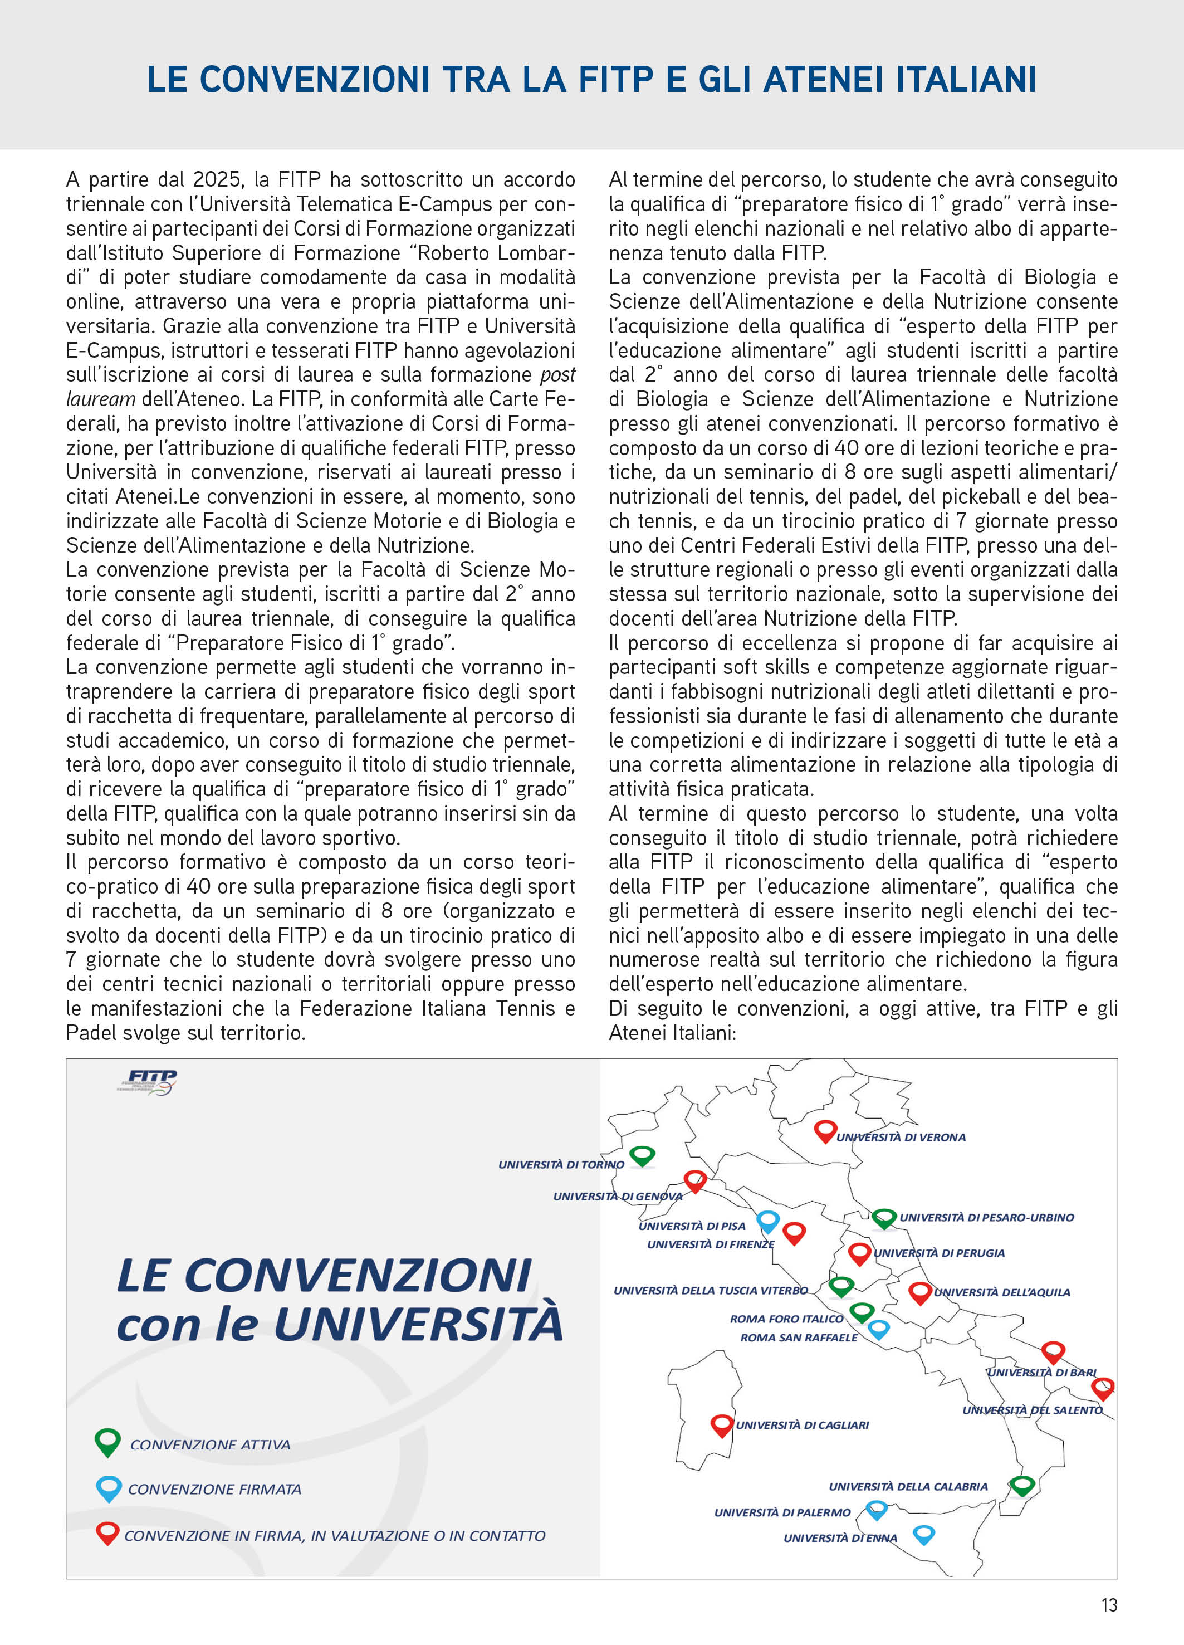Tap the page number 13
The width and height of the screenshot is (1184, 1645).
coord(1109,1605)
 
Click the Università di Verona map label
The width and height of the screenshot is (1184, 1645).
coord(901,1138)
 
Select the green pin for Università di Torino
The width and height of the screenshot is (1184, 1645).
coord(642,1155)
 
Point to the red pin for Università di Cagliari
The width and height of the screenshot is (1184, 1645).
coord(721,1424)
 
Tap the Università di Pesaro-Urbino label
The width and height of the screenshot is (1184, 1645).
coord(987,1217)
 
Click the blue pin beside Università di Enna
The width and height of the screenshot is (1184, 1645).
coord(923,1534)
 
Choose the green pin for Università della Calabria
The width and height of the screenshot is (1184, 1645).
coord(1021,1486)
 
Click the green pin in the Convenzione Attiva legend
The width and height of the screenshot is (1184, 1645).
coord(107,1441)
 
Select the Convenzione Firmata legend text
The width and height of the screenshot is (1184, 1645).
coord(214,1489)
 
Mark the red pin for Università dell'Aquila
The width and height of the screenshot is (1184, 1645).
coord(920,1292)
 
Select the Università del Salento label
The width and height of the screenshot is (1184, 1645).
coord(1032,1410)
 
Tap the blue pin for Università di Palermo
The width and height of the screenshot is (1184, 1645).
coord(877,1510)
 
